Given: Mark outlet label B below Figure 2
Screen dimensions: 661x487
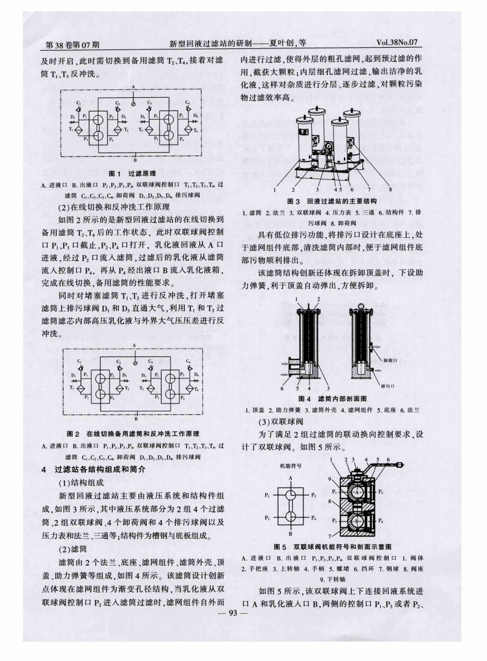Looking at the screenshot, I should pos(136,412).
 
